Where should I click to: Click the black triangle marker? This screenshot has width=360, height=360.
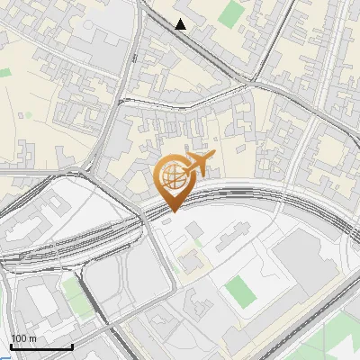pos(181,24)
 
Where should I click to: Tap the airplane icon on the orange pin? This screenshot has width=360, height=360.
pos(199,164)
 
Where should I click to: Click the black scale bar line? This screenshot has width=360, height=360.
pos(41,347)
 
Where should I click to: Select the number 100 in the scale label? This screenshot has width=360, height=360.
pos(18,338)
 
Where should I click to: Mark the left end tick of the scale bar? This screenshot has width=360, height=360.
pos(11,346)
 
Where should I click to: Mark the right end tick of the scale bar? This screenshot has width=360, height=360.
pos(72,346)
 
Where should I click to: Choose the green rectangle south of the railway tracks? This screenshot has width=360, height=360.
pos(239,291)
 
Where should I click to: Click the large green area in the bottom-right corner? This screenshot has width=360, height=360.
pos(346,337)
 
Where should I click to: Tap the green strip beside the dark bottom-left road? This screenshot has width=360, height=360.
pos(72,292)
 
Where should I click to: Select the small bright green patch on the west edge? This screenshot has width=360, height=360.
pos(4,71)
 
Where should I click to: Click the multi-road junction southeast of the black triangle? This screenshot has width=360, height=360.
pos(247,85)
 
